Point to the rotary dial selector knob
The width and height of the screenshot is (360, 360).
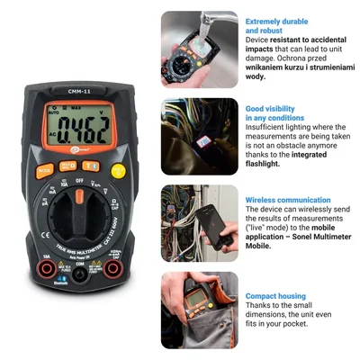pos(78,215)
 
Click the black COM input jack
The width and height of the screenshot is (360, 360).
pos(78,275)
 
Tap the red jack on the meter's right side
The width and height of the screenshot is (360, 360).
pos(113,269)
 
